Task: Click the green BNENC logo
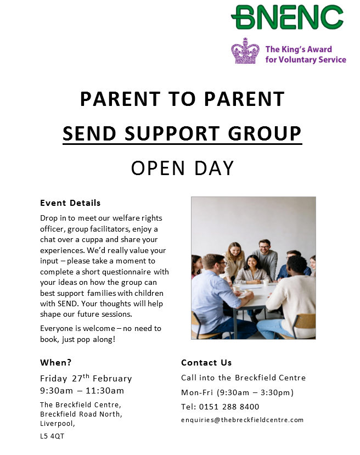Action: tap(287, 18)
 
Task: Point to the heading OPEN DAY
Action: tap(182, 168)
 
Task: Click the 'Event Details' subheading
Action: tap(70, 203)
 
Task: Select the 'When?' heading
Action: tap(56, 362)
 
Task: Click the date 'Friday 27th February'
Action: tap(86, 379)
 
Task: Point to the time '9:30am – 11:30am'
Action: tap(82, 391)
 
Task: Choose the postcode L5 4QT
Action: tap(52, 437)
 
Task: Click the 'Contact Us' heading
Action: tap(206, 362)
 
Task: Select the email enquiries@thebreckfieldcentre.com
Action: tap(242, 420)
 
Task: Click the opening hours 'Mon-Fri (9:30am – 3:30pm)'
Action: tap(237, 392)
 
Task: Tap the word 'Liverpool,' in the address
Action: tap(58, 424)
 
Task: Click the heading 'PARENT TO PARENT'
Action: tap(182, 99)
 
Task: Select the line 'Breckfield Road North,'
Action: tap(81, 414)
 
